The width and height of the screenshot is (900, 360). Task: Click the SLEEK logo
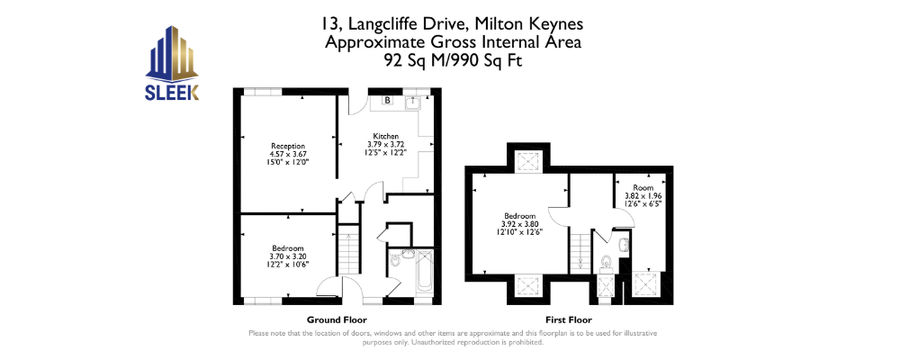(x=172, y=63)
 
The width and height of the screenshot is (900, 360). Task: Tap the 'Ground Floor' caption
(x=337, y=319)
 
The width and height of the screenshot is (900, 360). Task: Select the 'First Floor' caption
(x=568, y=319)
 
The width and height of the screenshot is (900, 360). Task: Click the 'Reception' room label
(x=288, y=146)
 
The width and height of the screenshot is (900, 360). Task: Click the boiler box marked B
(x=387, y=101)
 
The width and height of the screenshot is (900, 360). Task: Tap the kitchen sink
(x=413, y=103)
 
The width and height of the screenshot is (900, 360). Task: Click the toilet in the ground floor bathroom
(x=395, y=260)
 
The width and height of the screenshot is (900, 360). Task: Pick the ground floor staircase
(x=347, y=250)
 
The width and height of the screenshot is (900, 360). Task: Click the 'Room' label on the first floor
(x=639, y=188)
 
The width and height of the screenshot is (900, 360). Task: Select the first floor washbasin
(x=624, y=245)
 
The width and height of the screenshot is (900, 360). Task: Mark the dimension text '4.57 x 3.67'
(x=288, y=155)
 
